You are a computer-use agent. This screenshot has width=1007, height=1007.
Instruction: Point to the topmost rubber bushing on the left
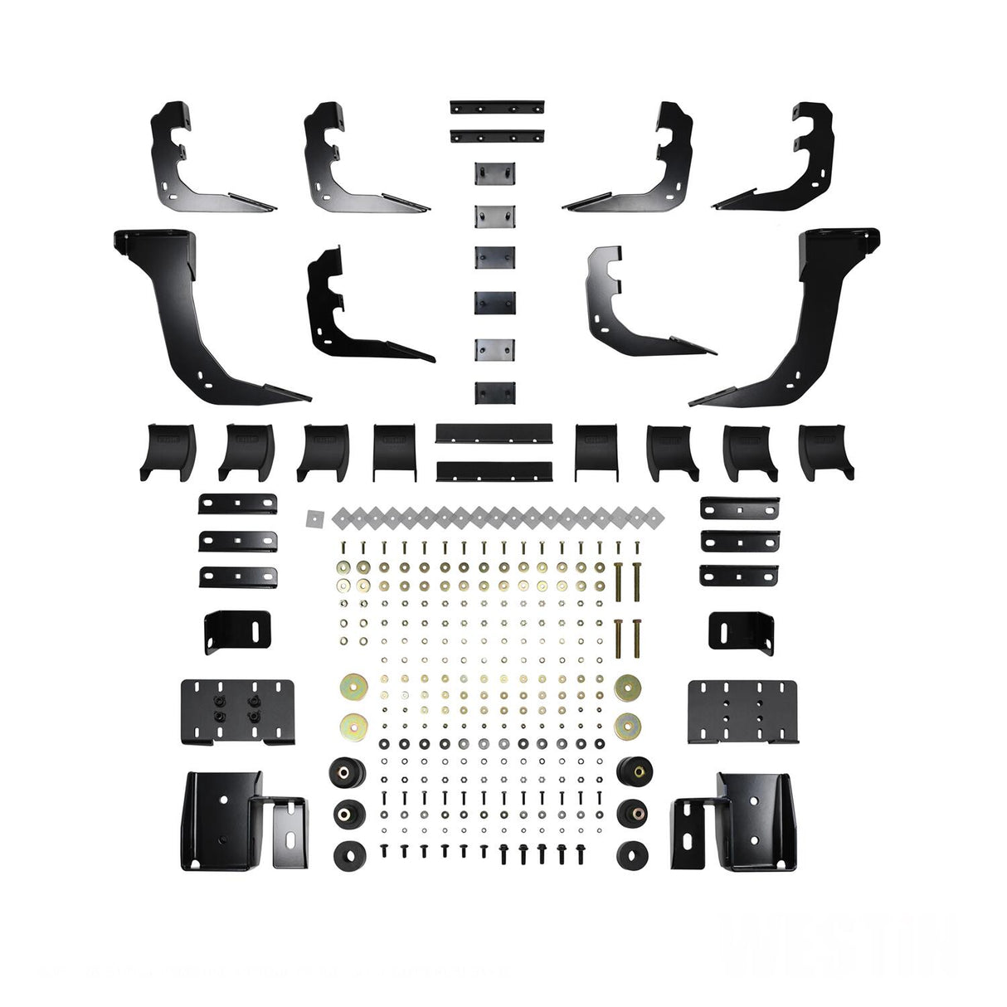coord(342,772)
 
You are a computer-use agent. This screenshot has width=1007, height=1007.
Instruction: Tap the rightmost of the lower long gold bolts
coord(636,637)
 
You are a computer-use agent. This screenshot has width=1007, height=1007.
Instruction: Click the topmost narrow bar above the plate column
coord(497,108)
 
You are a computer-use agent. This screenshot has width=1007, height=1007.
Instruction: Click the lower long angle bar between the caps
coord(494,470)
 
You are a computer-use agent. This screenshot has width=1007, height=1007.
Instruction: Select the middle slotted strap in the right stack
coord(739,540)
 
